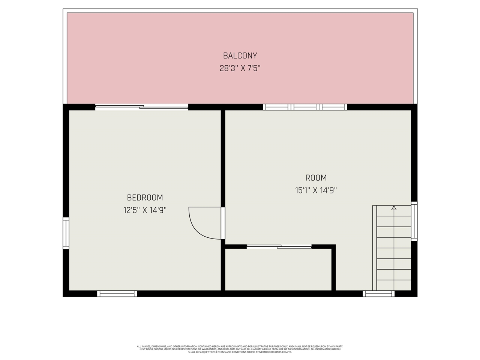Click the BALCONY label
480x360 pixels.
point(240,56)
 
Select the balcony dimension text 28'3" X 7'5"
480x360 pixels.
point(240,69)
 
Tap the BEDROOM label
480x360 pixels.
point(145,198)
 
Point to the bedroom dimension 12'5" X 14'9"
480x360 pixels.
point(145,210)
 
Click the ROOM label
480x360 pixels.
point(316,178)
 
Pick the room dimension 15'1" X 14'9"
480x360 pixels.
point(316,190)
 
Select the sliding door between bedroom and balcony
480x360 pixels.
point(142,107)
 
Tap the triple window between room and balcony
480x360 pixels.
point(305,107)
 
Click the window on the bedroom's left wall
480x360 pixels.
point(66,233)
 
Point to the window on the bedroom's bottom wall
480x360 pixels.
point(117,294)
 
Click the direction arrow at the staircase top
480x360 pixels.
point(394,208)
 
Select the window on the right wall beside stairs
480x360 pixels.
point(414,221)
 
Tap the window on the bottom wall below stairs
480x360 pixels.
point(378,294)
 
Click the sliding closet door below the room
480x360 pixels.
point(279,246)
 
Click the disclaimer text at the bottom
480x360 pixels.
point(240,349)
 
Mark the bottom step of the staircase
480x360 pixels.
point(394,285)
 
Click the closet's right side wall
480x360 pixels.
point(333,268)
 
